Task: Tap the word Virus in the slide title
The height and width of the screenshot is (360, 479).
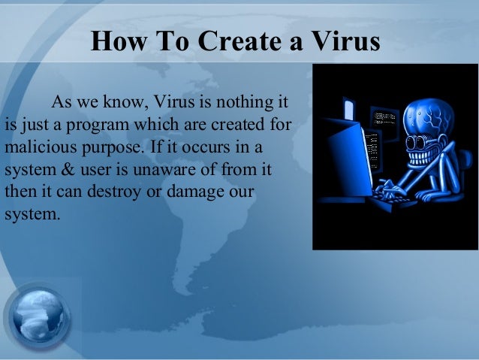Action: tap(342, 43)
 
